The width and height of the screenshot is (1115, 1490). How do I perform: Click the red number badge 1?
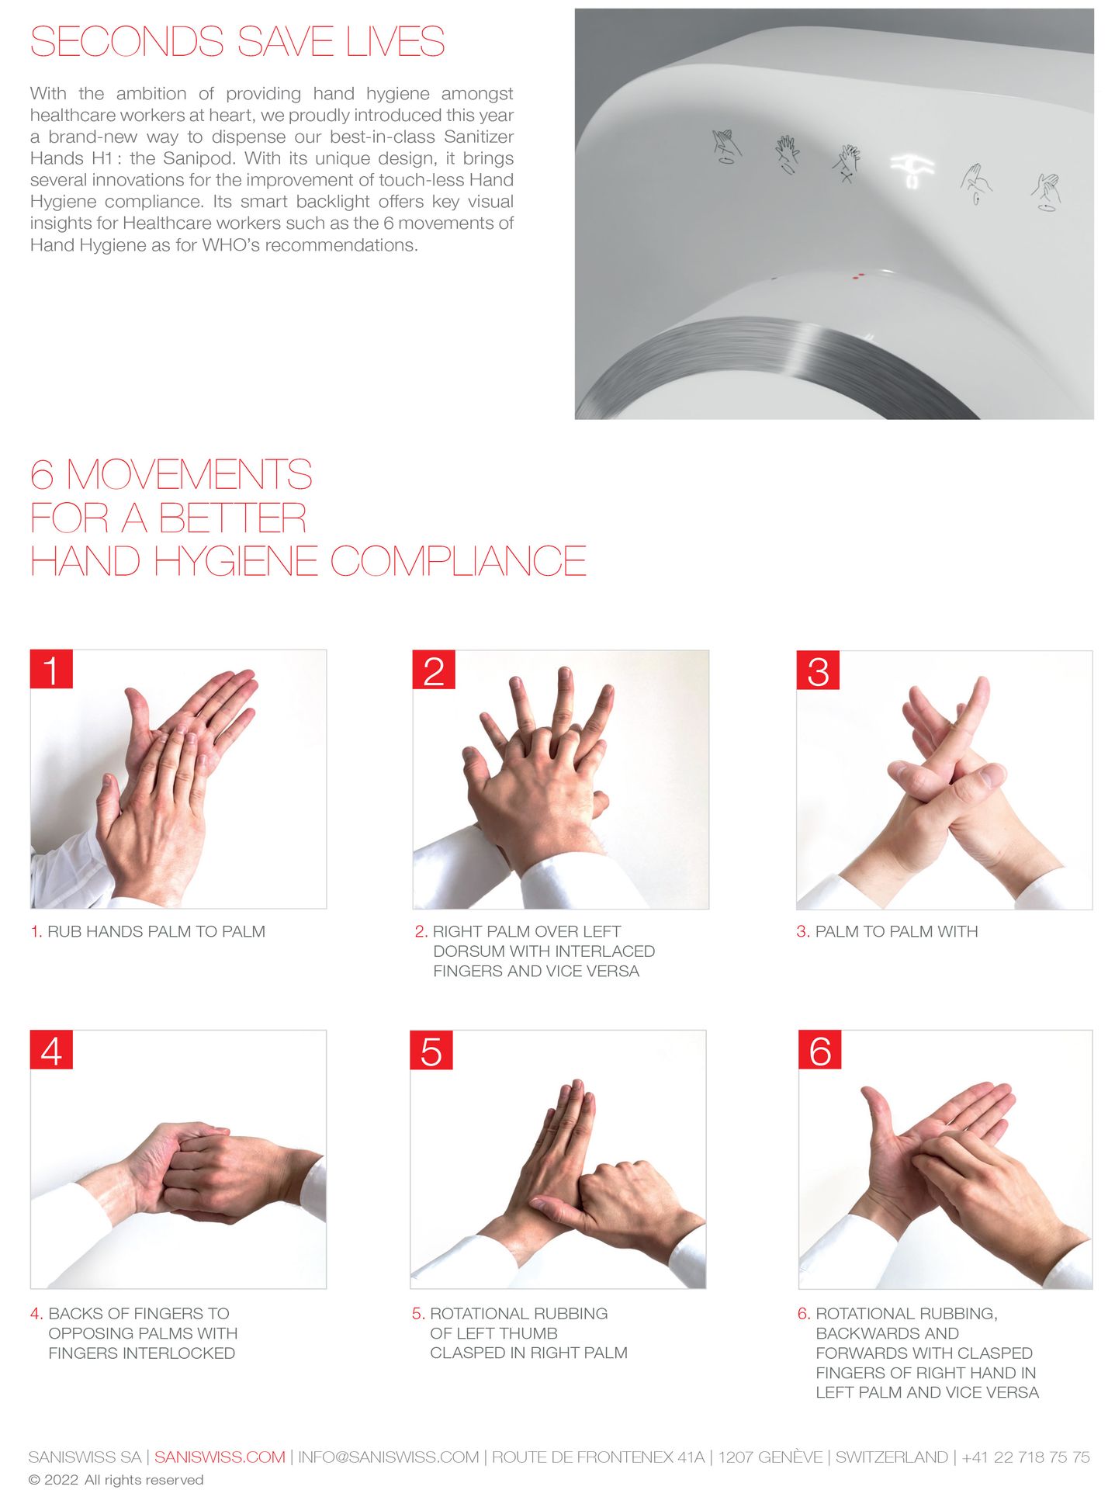click(51, 669)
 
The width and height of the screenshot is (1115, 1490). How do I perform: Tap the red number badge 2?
click(434, 669)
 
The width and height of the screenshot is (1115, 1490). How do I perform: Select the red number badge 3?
click(818, 670)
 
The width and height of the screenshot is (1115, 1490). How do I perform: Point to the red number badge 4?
click(51, 1049)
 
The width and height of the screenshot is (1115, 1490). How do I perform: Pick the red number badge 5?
click(431, 1049)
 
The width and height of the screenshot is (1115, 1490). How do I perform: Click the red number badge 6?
click(820, 1049)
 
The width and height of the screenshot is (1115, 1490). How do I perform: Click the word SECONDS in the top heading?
click(127, 42)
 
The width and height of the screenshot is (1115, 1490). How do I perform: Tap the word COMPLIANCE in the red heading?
click(458, 561)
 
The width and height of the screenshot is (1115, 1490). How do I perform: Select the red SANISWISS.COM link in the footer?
click(220, 1457)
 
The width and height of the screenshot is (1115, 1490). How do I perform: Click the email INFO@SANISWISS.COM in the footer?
click(389, 1457)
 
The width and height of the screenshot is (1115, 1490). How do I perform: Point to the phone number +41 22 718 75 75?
click(1026, 1457)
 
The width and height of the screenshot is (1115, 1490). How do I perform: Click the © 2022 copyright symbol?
click(34, 1480)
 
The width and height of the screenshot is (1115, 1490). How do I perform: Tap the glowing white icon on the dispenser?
click(911, 170)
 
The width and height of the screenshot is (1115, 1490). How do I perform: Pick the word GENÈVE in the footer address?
click(791, 1457)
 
